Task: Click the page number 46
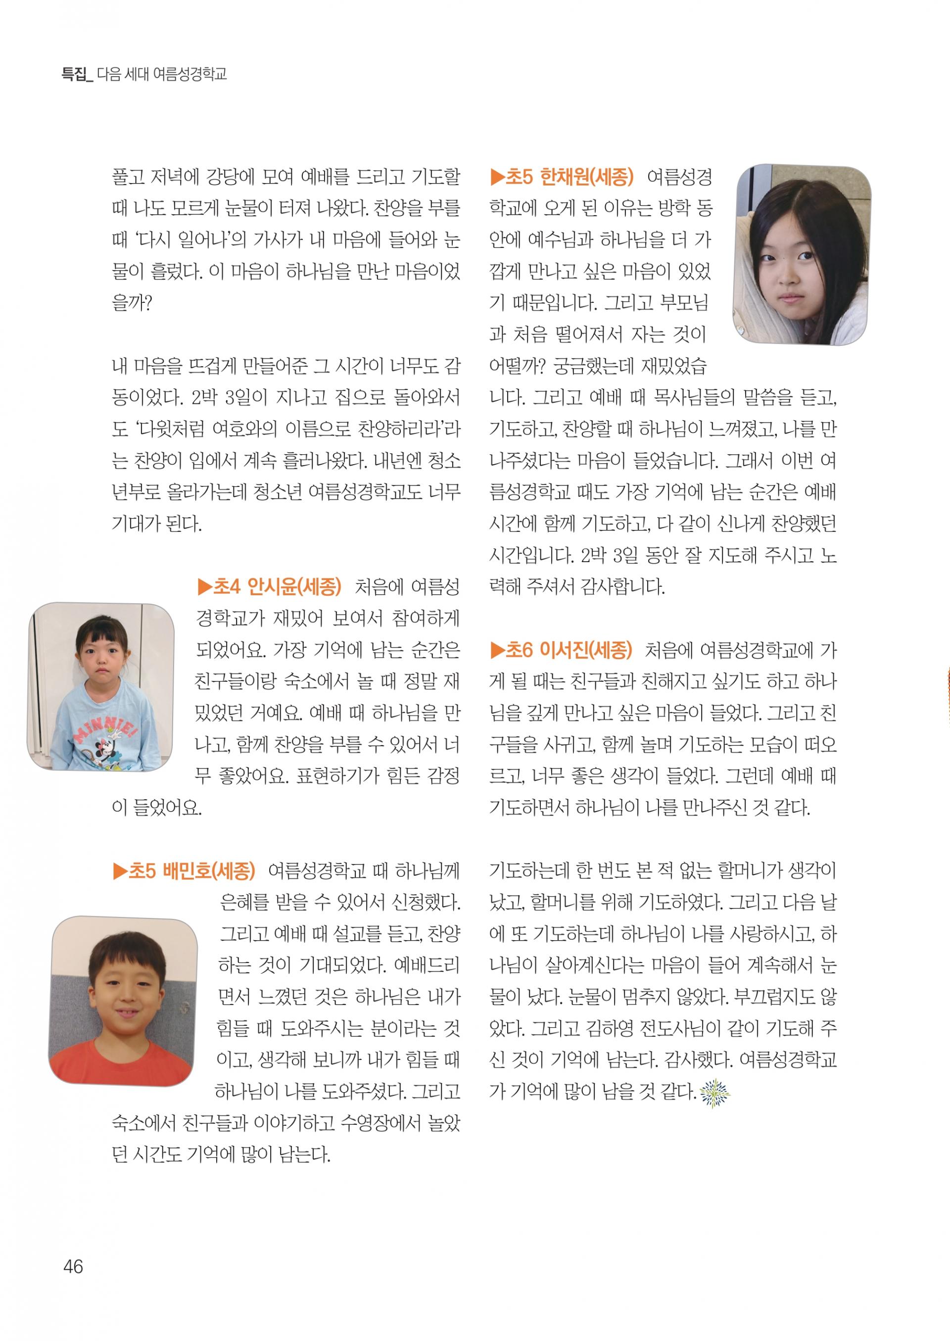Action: point(73,1266)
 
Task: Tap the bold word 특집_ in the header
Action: point(77,74)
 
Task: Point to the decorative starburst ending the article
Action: point(715,1092)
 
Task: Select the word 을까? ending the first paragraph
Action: point(132,303)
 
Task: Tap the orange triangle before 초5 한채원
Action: point(497,177)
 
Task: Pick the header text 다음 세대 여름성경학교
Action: point(161,74)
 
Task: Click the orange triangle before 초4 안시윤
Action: point(204,586)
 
